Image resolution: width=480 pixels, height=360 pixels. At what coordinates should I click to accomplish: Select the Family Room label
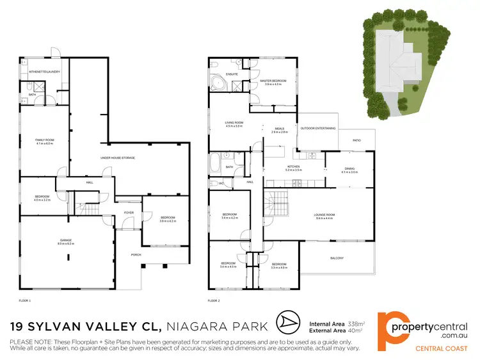click(44, 140)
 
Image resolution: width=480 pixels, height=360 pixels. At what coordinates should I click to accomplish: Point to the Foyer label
click(129, 212)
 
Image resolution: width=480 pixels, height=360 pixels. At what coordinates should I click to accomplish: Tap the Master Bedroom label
click(273, 81)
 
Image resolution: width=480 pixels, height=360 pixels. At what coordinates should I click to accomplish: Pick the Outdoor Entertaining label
click(318, 128)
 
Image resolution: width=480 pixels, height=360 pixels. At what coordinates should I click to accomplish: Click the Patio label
click(358, 140)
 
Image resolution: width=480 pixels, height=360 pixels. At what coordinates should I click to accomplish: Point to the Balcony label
click(337, 258)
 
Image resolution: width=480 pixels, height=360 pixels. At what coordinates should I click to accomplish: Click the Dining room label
click(349, 169)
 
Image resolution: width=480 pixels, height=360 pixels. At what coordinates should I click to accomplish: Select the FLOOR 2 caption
click(214, 300)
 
